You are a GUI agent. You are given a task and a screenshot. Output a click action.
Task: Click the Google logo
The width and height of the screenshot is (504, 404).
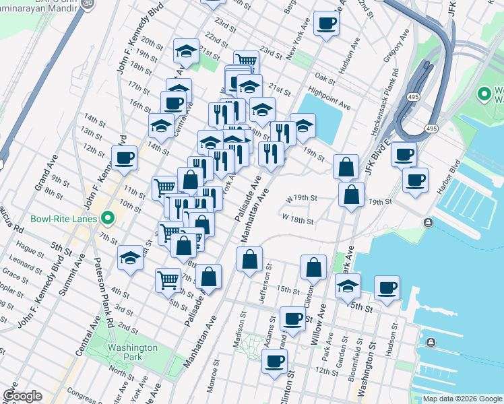[22, 396]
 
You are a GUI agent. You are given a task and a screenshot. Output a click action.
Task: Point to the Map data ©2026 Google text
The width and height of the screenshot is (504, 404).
[462, 399]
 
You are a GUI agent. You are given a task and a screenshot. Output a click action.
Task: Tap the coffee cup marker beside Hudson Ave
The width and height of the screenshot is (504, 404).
[326, 24]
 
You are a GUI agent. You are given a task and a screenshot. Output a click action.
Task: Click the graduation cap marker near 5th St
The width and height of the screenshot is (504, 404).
[130, 258]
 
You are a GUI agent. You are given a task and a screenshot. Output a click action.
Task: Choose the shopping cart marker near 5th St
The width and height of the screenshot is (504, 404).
[167, 279]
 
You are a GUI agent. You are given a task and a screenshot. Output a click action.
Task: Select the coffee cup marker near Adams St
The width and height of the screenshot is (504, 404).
[292, 318]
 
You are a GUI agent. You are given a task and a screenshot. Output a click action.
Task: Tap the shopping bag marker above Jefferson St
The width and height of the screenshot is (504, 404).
[249, 259]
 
